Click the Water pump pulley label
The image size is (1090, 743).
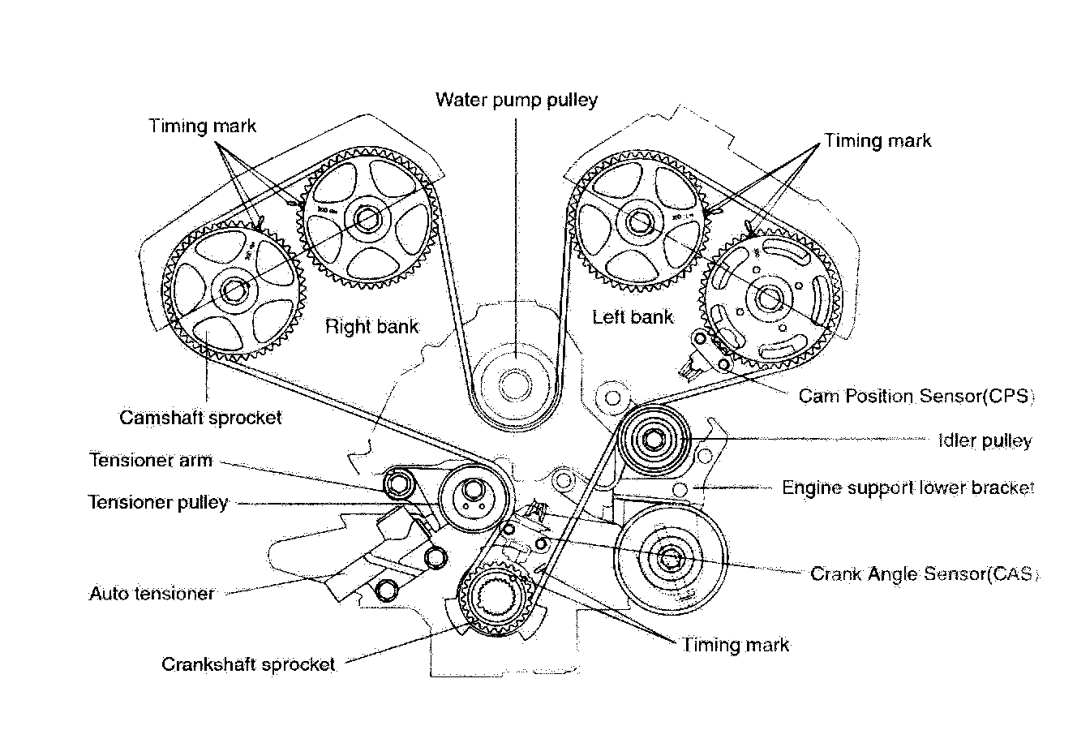pos(517,100)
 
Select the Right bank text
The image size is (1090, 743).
pos(372,327)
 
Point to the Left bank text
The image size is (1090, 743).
pos(633,316)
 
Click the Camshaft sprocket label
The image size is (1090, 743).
pos(200,418)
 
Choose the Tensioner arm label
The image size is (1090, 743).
pos(151,460)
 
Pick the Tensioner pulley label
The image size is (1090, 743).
pos(158,503)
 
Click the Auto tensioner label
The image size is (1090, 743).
pos(152,594)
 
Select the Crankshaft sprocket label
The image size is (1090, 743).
pos(248,664)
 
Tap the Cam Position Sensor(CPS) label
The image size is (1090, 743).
pos(916,397)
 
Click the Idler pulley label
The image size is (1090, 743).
pos(985,441)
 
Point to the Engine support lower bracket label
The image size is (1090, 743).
pos(908,488)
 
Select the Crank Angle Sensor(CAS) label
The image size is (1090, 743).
pos(925,574)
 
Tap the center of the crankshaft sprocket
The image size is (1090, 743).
pos(496,601)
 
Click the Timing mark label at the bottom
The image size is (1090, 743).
pos(736,645)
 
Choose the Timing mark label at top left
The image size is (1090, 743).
pos(202,126)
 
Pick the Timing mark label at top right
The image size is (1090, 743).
pos(878,140)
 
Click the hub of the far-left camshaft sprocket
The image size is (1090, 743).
pos(236,287)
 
